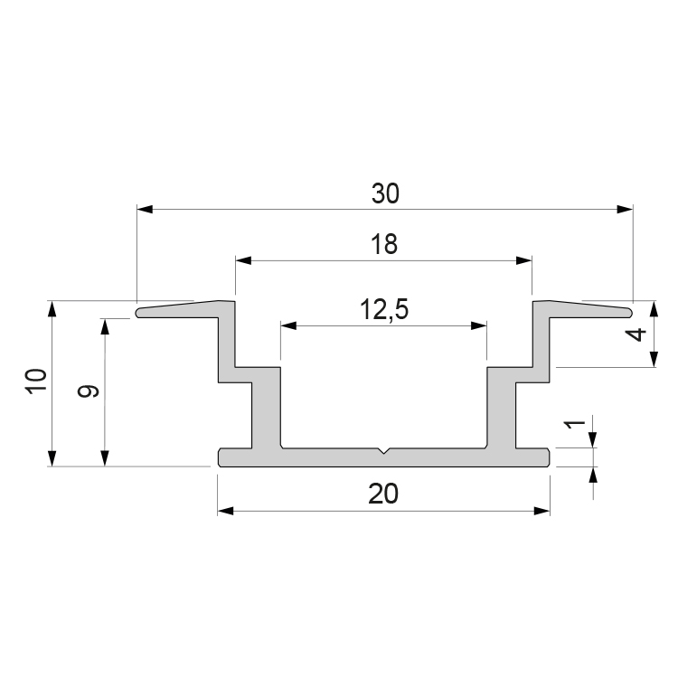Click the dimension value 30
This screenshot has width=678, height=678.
pos(385,193)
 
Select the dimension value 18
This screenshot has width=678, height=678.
pos(384,244)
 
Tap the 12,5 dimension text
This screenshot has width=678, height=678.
pos(384,310)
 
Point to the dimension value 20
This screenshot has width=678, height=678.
pos(383,494)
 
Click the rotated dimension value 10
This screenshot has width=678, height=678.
pos(36,381)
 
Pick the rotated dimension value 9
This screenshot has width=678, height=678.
pos(89,391)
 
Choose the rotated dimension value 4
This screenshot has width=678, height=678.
pos(636,334)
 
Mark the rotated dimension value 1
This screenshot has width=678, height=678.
pos(576,425)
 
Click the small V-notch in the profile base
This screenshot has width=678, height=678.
pos(383,451)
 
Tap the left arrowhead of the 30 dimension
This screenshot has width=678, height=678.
pos(145,210)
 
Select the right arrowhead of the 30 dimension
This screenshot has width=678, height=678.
pos(625,210)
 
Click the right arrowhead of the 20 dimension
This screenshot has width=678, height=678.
pos(541,511)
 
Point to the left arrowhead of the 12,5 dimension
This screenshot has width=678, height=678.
pos(288,325)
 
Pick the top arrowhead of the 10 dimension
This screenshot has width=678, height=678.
pos(52,309)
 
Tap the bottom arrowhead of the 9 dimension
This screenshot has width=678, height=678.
pos(105,458)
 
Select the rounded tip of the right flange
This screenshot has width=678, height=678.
pos(630,312)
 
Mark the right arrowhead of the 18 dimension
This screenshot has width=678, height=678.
pos(524,260)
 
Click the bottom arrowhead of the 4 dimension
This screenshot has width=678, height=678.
pos(654,359)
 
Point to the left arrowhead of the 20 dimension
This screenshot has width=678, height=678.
pos(226,511)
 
